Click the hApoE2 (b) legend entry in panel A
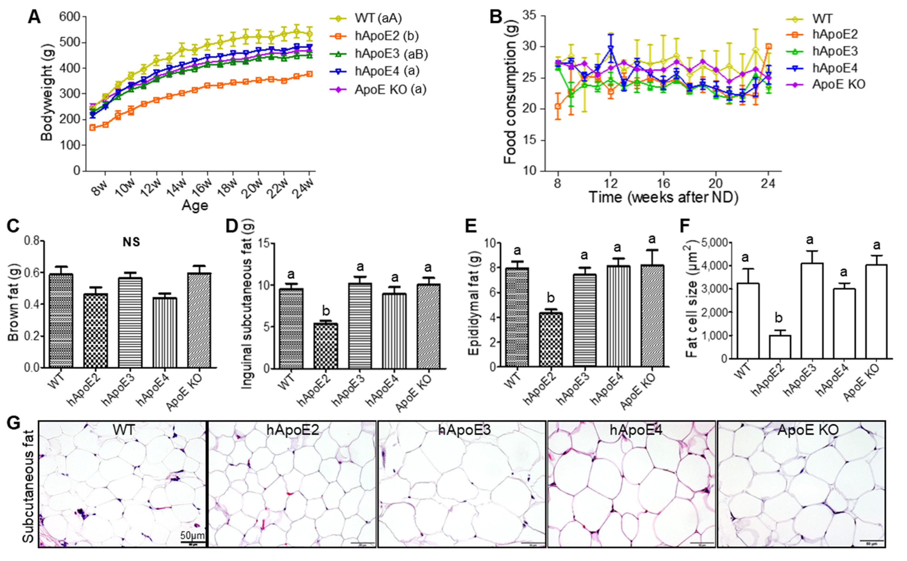point(386,36)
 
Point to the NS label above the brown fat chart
point(131,242)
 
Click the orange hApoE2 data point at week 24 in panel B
point(769,46)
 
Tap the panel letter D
point(231,225)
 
